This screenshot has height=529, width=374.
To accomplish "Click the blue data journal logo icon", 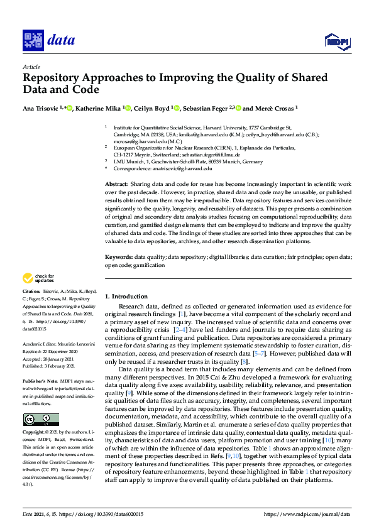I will click(x=33, y=40).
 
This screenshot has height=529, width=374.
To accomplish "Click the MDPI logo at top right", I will click(x=337, y=41).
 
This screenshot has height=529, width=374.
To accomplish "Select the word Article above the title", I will click(x=31, y=67).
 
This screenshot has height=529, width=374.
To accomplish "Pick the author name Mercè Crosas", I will click(x=275, y=108).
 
